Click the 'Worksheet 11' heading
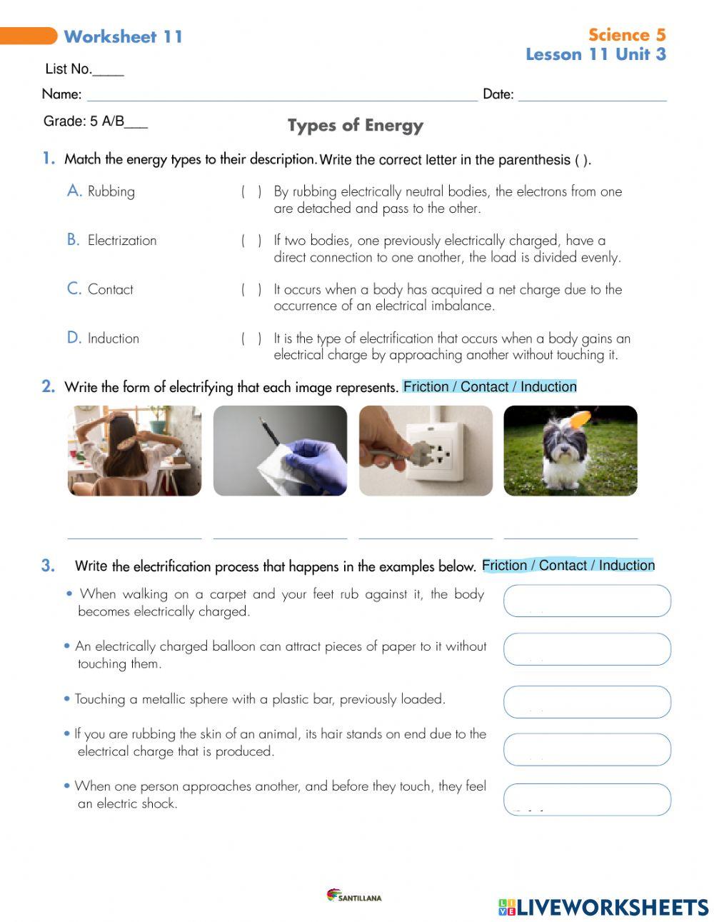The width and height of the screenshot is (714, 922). click(123, 36)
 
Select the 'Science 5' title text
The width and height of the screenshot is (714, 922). click(626, 35)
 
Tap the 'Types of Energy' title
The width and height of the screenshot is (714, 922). click(355, 126)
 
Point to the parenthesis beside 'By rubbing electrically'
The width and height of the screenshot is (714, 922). click(251, 191)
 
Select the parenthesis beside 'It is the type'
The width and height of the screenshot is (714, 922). click(251, 339)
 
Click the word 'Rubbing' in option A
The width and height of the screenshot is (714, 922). click(111, 191)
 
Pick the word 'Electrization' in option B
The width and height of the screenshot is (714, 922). click(121, 241)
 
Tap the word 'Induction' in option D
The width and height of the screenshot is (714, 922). click(113, 339)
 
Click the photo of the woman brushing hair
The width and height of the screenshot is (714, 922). click(134, 451)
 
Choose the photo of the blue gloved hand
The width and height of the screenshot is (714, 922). click(280, 451)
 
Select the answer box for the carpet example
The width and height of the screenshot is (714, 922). click(587, 601)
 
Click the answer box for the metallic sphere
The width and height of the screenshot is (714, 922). click(587, 702)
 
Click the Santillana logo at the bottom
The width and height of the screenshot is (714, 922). click(354, 896)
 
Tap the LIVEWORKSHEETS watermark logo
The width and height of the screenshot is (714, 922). click(603, 907)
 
